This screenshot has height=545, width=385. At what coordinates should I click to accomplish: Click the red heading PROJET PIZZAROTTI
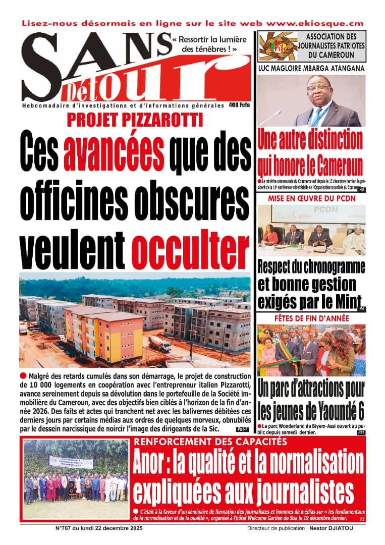[x=135, y=120]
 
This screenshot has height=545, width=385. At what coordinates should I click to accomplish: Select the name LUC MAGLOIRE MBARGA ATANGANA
[x=311, y=68]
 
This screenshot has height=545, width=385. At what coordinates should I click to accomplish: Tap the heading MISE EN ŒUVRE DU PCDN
[x=311, y=198]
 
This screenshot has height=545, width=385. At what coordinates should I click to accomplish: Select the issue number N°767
[x=65, y=528]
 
